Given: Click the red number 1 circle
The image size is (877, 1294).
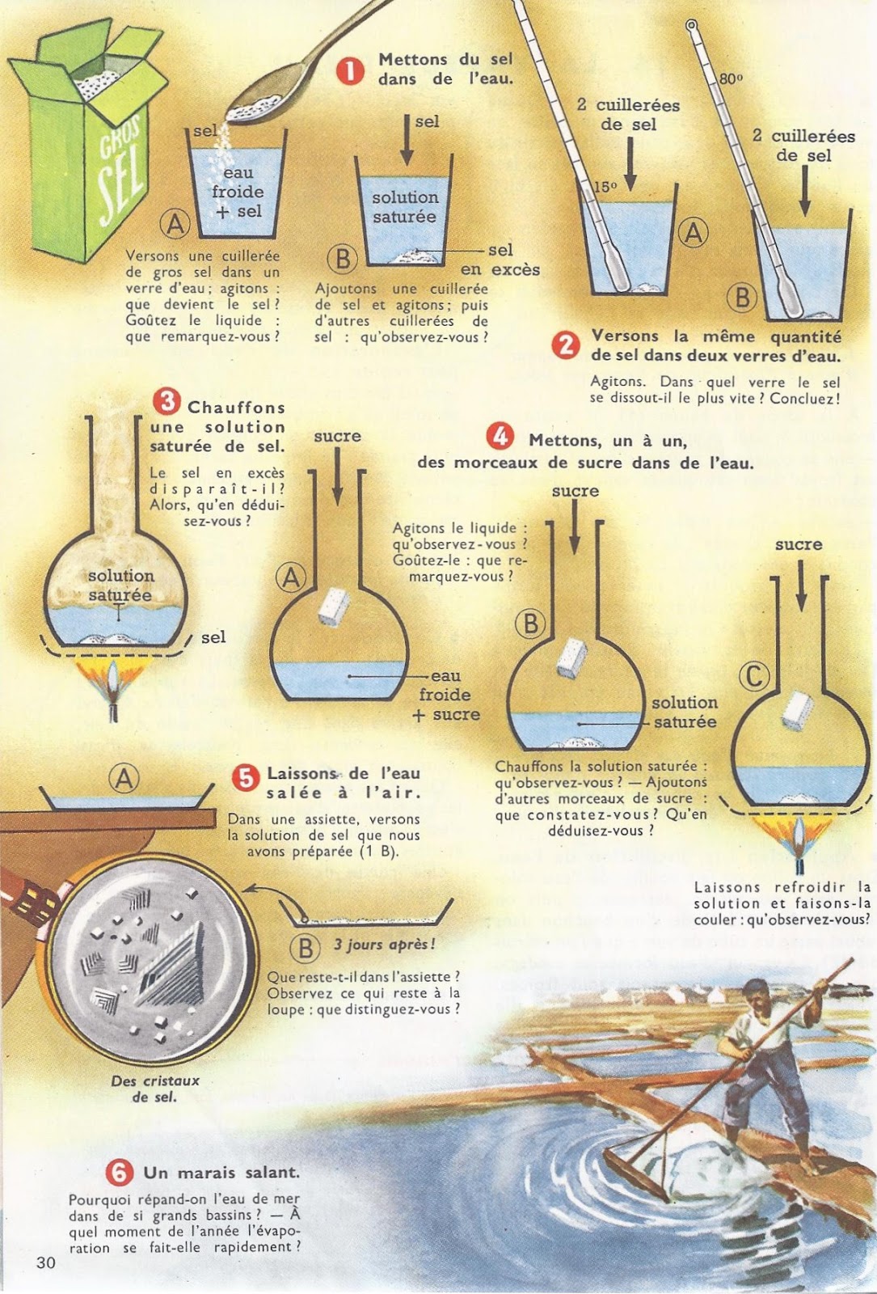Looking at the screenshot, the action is pos(350,72).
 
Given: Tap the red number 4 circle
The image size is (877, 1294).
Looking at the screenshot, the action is pos(500,436).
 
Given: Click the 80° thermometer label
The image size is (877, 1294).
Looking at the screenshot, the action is pos(731,78).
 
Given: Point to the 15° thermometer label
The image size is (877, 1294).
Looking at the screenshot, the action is pos(605,187).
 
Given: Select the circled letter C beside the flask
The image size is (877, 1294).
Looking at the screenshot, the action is pos(754,676).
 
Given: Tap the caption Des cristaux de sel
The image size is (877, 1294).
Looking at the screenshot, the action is pos(155,1089).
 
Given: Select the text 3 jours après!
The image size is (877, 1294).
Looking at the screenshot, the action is pos(384,945).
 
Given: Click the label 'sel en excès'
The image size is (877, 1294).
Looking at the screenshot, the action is pos(500,260).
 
